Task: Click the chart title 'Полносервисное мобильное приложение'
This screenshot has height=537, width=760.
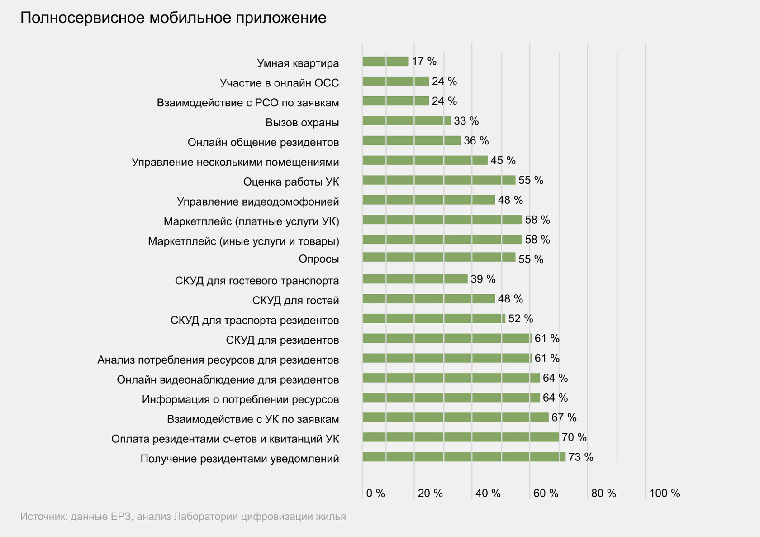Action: pos(173,18)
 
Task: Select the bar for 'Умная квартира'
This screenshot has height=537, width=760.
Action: pos(385,61)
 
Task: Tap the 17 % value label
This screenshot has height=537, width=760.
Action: pos(424,61)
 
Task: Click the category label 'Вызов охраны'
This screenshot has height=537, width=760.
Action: pos(302,123)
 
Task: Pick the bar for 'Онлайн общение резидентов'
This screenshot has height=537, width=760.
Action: pos(412,140)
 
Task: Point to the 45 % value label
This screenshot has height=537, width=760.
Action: pos(503,160)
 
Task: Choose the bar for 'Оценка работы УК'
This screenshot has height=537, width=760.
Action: pos(439,180)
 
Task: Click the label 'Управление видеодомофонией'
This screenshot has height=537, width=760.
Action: pos(258,201)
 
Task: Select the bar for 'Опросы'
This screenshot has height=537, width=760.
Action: pos(439,257)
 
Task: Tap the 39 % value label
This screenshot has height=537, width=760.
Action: pos(483,279)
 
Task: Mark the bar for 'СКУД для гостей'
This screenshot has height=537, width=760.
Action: pos(429,299)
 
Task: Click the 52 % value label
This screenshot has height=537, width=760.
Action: pos(521,319)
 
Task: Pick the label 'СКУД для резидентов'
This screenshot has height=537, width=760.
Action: pos(282,340)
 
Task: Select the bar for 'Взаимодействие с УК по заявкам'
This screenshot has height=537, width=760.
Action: pos(456,417)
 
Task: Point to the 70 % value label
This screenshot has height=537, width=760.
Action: pos(574,437)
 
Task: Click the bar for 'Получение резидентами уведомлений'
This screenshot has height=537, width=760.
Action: pos(464,457)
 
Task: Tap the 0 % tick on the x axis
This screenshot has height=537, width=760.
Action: pos(375,494)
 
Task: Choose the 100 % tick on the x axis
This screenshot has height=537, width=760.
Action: pos(665,494)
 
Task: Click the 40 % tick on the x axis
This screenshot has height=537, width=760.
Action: pos(488,494)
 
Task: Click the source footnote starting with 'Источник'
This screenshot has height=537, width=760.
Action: pos(183,517)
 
